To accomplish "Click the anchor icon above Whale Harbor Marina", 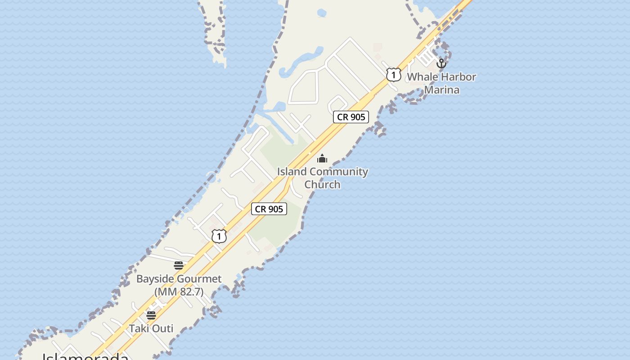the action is [441, 63].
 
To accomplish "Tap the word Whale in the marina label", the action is [422, 77].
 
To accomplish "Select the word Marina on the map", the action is [442, 90].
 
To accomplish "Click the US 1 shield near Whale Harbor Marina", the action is [393, 75].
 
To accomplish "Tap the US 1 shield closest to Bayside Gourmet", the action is [219, 236].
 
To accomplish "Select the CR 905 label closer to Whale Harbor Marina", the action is [351, 117].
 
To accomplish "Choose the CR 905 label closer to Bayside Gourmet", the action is [269, 209].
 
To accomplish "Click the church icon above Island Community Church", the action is [322, 158].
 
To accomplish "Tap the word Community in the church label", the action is [339, 171].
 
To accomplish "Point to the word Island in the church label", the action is [292, 171].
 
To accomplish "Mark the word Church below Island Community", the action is [322, 184].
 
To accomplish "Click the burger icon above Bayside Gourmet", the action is [179, 265].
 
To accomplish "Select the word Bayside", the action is [154, 279].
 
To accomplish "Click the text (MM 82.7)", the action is [179, 292].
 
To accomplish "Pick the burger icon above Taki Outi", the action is [151, 315].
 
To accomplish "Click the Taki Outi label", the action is [151, 328].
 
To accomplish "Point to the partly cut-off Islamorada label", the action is [85, 356].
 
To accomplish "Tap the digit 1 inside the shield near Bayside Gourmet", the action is [219, 236].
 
